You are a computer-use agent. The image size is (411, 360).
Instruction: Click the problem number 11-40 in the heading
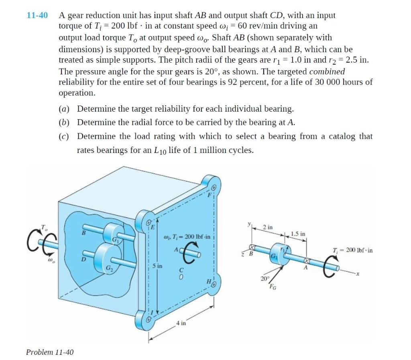coord(37,16)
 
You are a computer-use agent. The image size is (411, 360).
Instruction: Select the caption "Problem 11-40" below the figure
coord(50,352)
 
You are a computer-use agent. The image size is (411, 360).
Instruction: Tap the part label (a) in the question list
coord(64,109)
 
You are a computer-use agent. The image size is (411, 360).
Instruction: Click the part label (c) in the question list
coord(64,136)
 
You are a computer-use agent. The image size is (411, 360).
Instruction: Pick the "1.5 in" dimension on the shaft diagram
coord(297,234)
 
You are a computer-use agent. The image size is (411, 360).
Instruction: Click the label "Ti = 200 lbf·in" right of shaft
coord(352,250)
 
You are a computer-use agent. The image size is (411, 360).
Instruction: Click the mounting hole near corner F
coord(214,187)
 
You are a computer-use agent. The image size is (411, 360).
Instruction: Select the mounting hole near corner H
coord(214,284)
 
